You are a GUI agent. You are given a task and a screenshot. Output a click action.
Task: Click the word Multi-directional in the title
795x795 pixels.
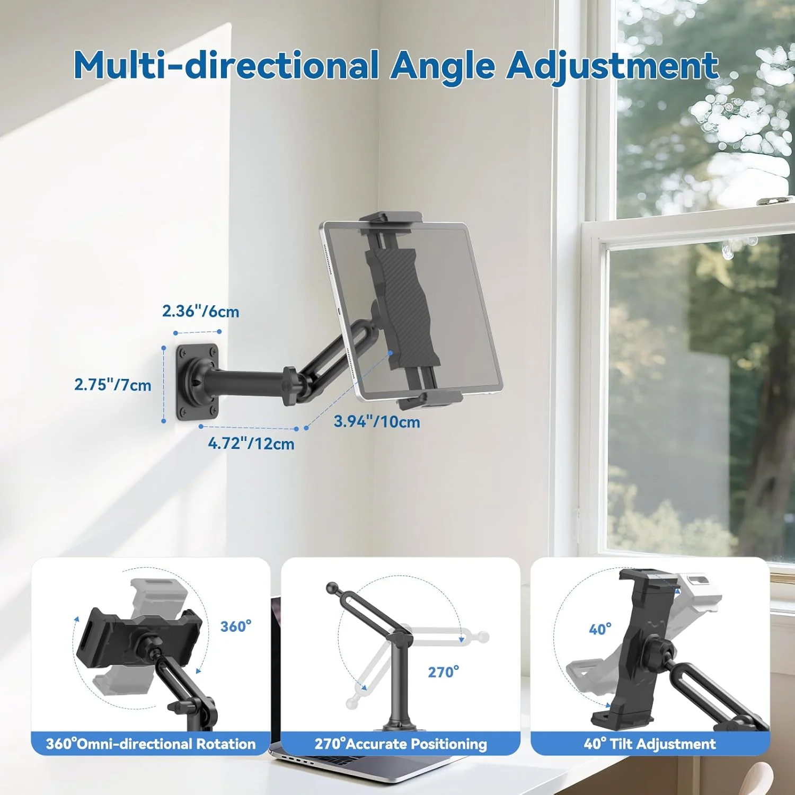226,65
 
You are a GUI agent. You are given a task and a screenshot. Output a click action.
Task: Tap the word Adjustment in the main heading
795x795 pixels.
612,65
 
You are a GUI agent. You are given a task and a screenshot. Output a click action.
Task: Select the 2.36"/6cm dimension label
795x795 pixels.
200,311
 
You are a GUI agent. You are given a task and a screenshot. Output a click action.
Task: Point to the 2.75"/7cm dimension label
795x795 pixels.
112,384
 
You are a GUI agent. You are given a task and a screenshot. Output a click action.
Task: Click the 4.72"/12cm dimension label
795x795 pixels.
251,443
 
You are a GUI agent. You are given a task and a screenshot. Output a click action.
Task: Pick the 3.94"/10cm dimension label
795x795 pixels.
377,421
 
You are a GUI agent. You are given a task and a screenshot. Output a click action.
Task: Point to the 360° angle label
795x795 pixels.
236,626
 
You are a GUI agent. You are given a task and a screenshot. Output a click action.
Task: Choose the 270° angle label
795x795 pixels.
443,672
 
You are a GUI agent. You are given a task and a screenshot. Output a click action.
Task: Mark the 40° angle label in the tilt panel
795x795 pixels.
600,629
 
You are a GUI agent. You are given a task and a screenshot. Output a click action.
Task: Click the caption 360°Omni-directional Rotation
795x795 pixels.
151,744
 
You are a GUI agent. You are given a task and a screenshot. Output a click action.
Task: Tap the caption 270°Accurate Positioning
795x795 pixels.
401,744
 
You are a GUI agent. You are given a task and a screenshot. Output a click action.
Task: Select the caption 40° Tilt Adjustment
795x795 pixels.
650,744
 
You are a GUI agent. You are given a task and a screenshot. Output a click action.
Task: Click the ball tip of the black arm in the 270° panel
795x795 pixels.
332,588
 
